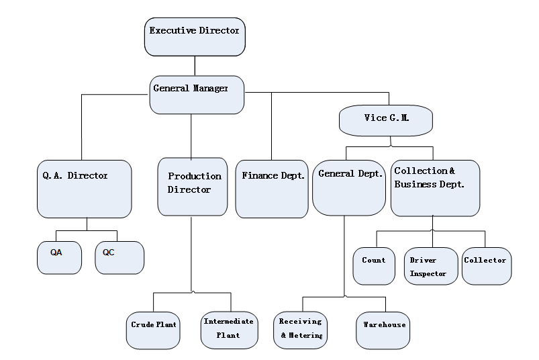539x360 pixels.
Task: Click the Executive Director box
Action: point(195,37)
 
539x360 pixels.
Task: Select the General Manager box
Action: point(197,95)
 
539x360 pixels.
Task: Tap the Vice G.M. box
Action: point(386,121)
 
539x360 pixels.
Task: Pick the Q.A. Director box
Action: point(84,189)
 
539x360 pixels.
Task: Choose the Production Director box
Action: point(192,187)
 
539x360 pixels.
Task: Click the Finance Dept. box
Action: point(271,189)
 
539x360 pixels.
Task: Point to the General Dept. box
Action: point(349,187)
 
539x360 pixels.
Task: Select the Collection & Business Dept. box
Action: point(435,188)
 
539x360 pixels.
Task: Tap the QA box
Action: point(59,258)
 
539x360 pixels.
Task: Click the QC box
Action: point(119,258)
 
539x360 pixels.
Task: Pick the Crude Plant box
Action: point(154,330)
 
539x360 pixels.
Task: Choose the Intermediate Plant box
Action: point(229,330)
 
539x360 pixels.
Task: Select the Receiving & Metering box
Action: point(301,330)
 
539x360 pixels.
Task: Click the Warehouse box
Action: point(383,330)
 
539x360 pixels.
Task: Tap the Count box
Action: point(374,266)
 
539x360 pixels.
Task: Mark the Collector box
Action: point(486,266)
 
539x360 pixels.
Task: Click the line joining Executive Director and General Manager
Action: point(195,66)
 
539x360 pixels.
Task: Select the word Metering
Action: point(305,335)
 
